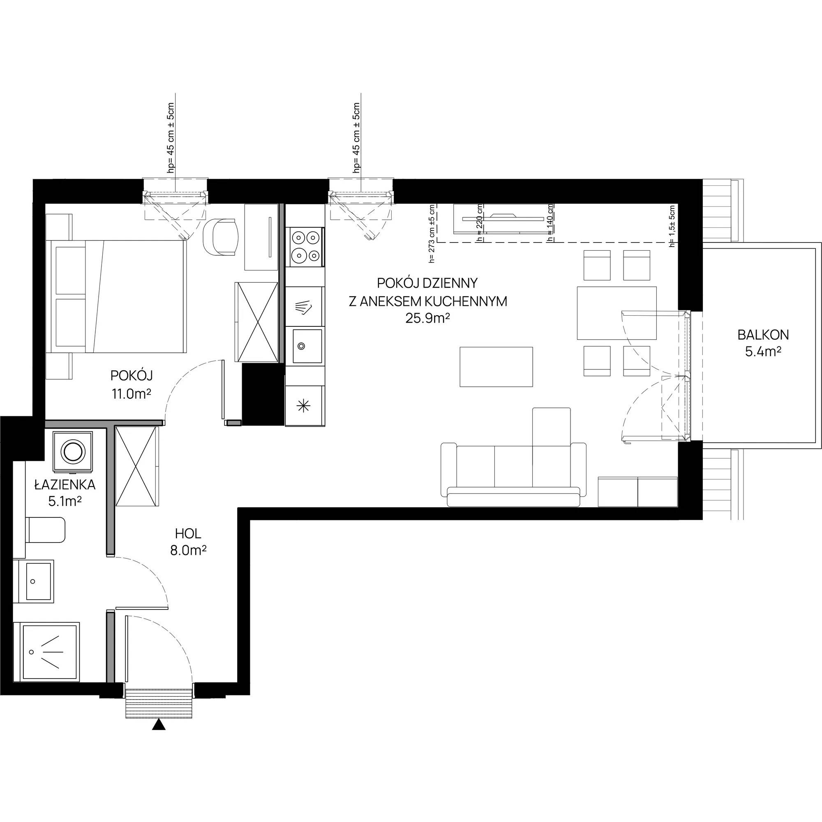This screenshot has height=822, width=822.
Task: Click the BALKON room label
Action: coord(763,335)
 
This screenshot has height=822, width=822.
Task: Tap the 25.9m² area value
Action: coord(427,318)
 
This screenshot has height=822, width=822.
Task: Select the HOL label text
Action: coord(188,533)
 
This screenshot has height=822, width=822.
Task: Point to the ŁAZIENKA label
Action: coord(65,485)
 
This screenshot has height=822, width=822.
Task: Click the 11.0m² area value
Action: coord(132,394)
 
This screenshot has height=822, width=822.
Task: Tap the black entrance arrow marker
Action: coord(159,725)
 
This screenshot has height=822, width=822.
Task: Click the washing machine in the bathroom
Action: coord(73,451)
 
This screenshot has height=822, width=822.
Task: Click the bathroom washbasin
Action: coord(34,581)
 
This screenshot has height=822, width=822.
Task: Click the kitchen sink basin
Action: coord(306,346)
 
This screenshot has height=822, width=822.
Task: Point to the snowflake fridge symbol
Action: coord(303,406)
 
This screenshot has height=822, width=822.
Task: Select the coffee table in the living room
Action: coord(496,367)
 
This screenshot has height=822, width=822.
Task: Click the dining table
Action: coord(616,313)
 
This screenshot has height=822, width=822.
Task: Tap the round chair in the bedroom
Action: coord(220,237)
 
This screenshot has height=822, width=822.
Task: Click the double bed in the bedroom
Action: coord(116,297)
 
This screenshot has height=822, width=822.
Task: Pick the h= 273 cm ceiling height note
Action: coord(432,234)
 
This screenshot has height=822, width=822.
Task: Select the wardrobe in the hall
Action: coord(137,466)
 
